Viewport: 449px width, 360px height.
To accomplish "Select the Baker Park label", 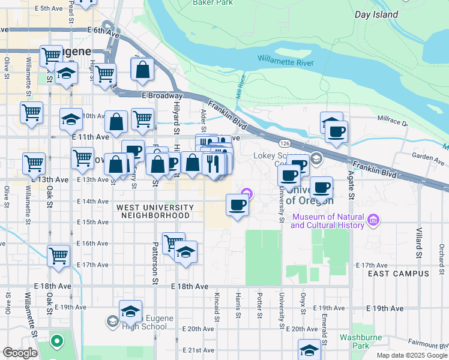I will click(212, 3).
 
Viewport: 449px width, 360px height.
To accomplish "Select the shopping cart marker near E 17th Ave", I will click(59, 256).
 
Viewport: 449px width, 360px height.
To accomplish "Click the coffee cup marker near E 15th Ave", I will click(238, 205).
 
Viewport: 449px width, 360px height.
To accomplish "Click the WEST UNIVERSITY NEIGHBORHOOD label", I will click(155, 211).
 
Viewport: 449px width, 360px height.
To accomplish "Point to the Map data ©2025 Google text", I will click(412, 355).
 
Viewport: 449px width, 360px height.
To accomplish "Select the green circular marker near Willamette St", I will click(57, 343).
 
